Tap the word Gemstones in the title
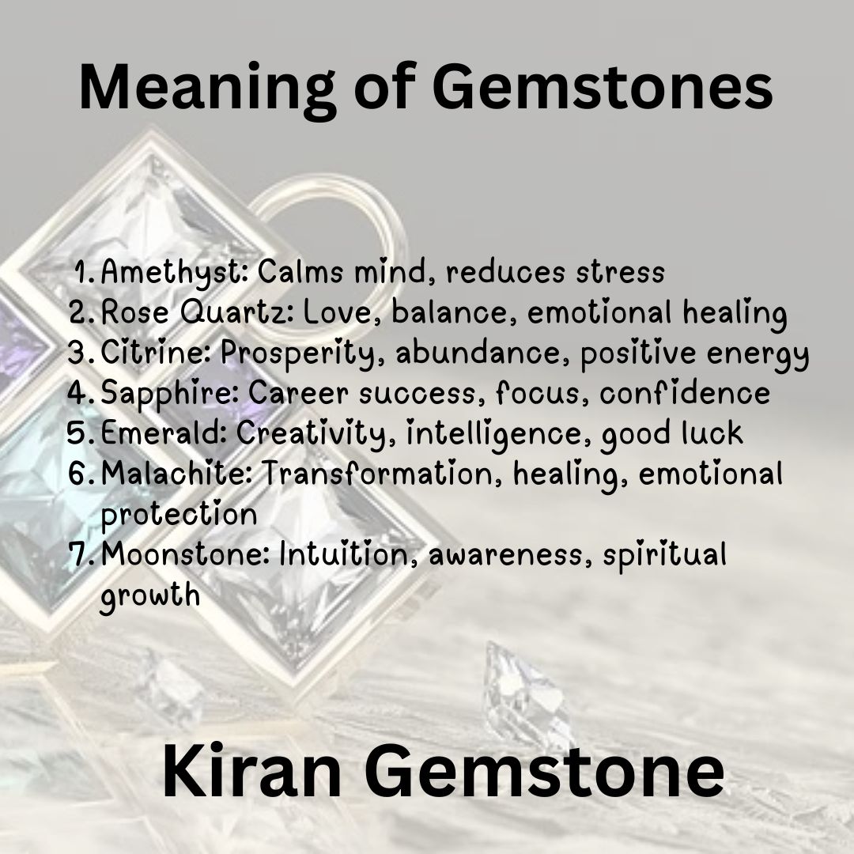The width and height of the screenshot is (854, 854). click(603, 87)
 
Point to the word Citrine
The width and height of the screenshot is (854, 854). click(156, 353)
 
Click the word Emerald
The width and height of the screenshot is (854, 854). click(164, 433)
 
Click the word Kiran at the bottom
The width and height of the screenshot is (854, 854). click(252, 772)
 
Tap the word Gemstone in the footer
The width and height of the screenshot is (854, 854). click(544, 772)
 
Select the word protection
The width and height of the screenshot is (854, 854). click(179, 514)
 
